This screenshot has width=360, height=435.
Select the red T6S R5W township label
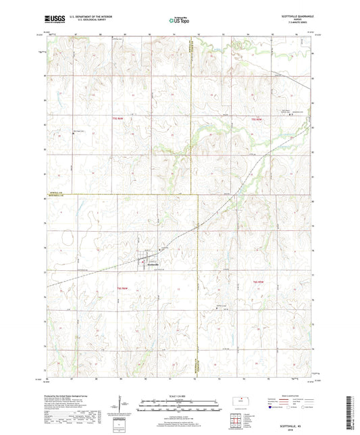[x=257, y=282]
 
